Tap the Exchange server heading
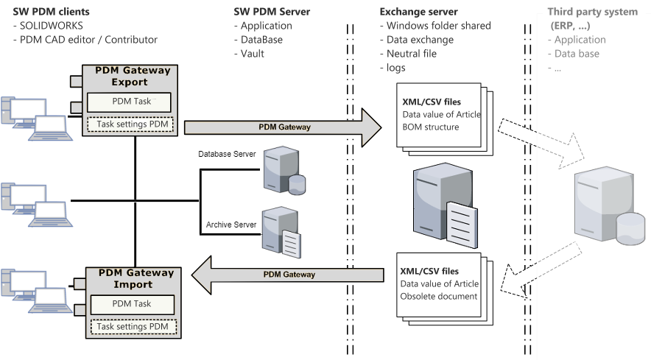[x=418, y=12]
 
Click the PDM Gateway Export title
[x=133, y=76]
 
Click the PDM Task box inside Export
[x=130, y=101]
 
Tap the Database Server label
[x=228, y=154]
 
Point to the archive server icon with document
[x=281, y=229]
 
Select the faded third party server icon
[x=603, y=205]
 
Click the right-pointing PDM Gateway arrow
[x=284, y=127]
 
